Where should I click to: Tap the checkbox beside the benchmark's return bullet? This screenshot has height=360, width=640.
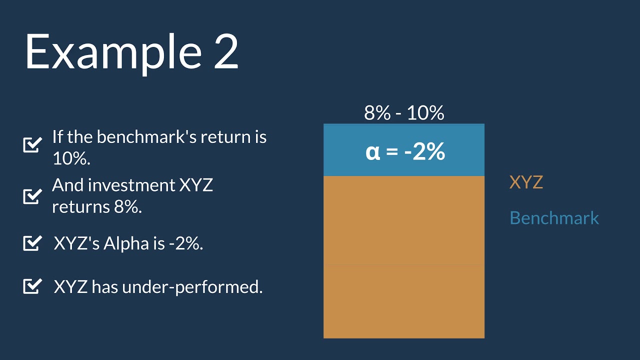coord(32,144)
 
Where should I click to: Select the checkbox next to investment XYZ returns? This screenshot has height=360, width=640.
coord(32,195)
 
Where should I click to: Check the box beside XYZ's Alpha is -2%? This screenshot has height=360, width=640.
coord(32,243)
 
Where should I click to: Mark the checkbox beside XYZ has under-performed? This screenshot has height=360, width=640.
coord(32,286)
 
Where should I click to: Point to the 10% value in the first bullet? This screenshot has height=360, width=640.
coord(71,158)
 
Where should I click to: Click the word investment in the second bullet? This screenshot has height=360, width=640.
coord(133,185)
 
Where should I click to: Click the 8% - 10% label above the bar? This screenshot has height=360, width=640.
coord(404,113)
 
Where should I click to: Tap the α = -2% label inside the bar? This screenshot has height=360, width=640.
coord(405,151)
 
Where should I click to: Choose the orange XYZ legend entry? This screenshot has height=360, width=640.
coord(526,182)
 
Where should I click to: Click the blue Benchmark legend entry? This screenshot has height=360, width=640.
coord(554,218)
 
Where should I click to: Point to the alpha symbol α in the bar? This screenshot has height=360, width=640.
coord(373,151)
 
